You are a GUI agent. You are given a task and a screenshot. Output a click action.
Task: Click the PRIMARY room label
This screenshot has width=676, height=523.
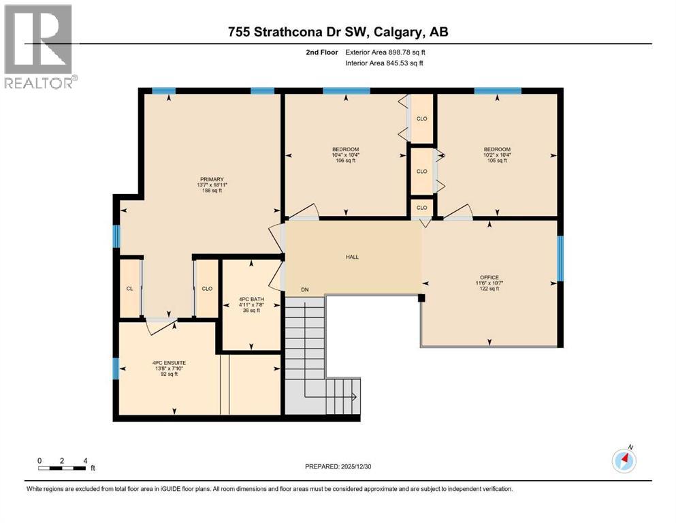pos(211,179)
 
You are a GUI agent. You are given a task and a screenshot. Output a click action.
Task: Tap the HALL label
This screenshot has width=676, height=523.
pos(351,257)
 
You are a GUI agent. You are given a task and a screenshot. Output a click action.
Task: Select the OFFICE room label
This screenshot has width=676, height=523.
pos(489,277)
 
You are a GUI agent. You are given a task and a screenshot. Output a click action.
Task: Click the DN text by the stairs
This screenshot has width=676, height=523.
pos(304,290)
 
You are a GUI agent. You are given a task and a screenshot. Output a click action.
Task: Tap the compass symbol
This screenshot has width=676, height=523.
pos(624,461)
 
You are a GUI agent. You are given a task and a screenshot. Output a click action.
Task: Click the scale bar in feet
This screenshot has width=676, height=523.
pos(62,467)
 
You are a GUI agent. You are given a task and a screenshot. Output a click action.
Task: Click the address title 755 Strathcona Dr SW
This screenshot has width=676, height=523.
pos(338,31)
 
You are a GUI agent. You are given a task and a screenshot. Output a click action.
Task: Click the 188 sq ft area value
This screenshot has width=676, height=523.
pos(211,191)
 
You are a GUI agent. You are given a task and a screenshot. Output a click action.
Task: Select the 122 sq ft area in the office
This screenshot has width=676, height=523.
pos(489,289)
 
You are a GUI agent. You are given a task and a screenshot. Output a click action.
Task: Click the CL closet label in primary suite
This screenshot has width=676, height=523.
pos(129,288)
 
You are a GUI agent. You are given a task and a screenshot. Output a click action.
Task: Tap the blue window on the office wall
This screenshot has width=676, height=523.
pos(560,258)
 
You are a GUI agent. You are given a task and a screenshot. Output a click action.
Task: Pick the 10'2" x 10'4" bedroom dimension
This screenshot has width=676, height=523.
pos(496,155)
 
